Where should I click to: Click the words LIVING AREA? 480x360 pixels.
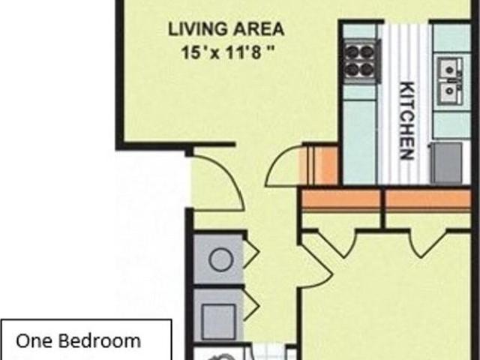coord(226,30)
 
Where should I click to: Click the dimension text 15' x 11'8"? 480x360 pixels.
coord(226,53)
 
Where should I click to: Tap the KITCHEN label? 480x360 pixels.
coord(406,119)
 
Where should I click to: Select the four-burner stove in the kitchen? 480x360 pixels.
coord(359,60)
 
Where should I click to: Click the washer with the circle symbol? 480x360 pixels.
coord(219,260)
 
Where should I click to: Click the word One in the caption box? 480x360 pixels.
coord(34,341)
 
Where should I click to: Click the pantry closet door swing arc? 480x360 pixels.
coord(283,165)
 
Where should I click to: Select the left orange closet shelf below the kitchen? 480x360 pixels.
coord(341,199)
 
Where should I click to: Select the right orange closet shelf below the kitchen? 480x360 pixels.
coord(428,199)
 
